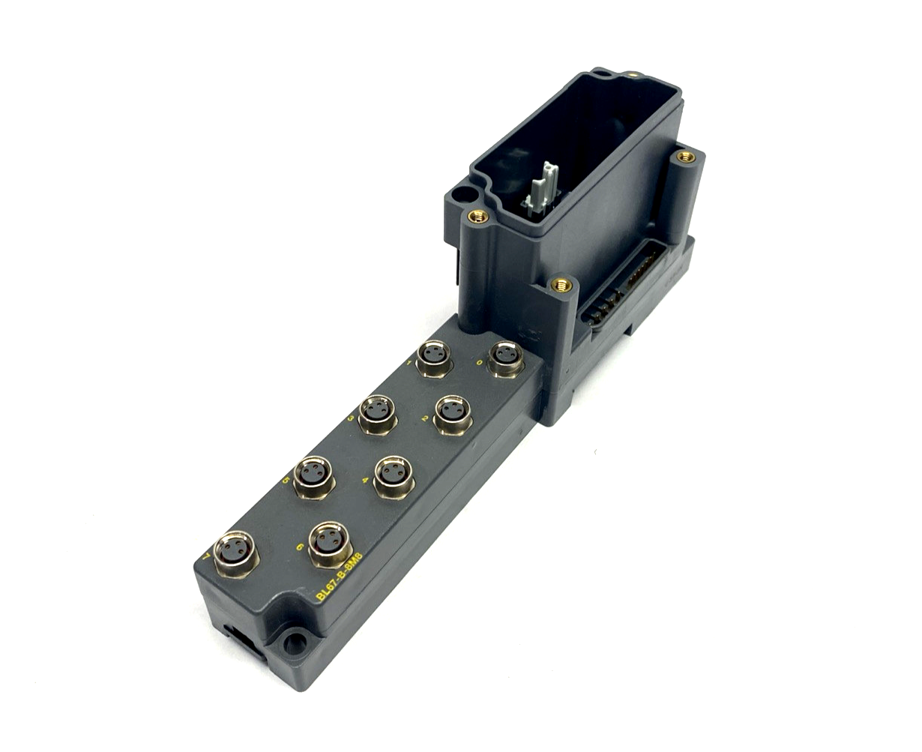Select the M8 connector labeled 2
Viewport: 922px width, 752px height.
pyautogui.click(x=453, y=412)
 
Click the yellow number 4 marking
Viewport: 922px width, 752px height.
pyautogui.click(x=364, y=482)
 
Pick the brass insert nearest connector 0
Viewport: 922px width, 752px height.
pyautogui.click(x=559, y=284)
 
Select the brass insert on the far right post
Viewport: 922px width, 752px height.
pyautogui.click(x=684, y=157)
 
